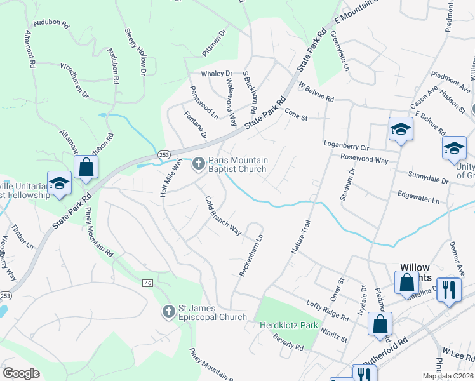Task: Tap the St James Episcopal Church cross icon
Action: pos(169,312)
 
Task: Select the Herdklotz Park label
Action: pos(288,326)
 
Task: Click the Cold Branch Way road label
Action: pos(223,216)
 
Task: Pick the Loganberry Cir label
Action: pos(347,145)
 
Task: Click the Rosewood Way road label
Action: pos(364,160)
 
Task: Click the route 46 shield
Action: pos(148,283)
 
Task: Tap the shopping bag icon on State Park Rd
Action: pos(86,167)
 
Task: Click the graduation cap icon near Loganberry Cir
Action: pos(401,129)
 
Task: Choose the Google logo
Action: pos(21,373)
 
